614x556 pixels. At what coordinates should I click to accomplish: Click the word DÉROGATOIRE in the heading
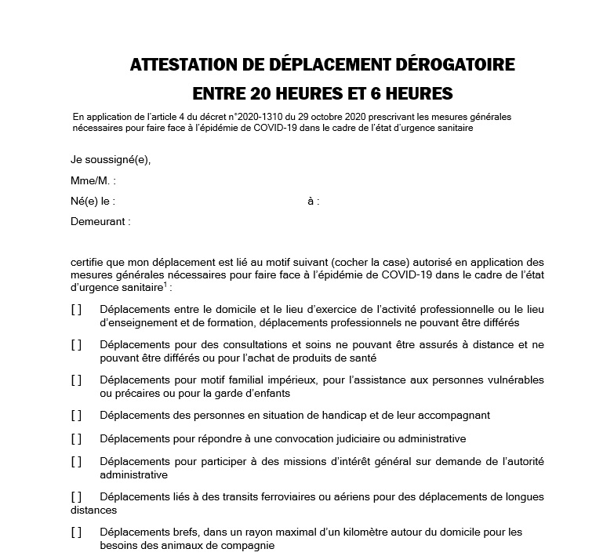pyautogui.click(x=448, y=64)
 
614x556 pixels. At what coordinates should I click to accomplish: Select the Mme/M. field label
pyautogui.click(x=93, y=180)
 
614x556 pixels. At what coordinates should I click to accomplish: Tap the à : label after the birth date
pyautogui.click(x=314, y=201)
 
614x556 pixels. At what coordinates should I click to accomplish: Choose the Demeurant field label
pyautogui.click(x=100, y=222)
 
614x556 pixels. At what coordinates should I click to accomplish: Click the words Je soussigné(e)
pyautogui.click(x=110, y=160)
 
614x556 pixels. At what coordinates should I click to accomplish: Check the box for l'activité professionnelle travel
pyautogui.click(x=76, y=310)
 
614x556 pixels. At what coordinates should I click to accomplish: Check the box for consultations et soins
pyautogui.click(x=76, y=344)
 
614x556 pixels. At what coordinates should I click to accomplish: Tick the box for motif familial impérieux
pyautogui.click(x=76, y=380)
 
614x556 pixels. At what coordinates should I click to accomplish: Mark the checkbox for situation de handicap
pyautogui.click(x=76, y=415)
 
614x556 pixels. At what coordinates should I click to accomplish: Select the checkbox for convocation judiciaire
pyautogui.click(x=76, y=438)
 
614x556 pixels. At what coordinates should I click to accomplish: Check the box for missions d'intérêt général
pyautogui.click(x=76, y=462)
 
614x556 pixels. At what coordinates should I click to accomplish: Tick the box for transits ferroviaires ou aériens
pyautogui.click(x=76, y=497)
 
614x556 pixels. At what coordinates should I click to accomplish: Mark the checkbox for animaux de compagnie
pyautogui.click(x=76, y=532)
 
